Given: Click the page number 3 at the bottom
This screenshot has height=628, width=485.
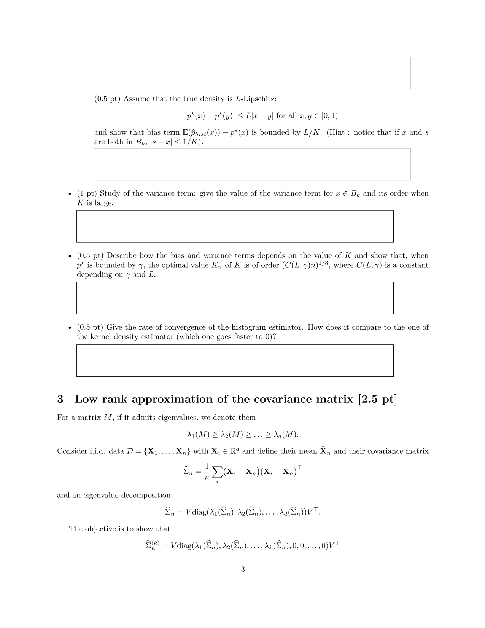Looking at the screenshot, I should [242, 569].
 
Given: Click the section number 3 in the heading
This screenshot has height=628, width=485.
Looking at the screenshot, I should [60, 399].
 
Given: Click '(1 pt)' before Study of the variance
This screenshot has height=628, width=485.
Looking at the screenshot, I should [87, 193].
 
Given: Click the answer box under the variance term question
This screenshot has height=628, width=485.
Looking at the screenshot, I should [235, 226].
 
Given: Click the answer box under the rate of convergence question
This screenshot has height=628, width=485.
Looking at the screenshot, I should [235, 360].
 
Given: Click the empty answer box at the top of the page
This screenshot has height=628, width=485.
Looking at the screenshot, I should [252, 73].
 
